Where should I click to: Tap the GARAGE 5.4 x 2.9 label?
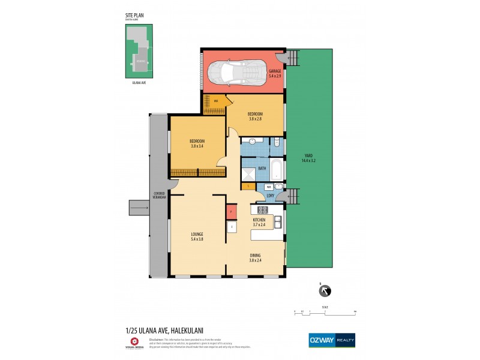tap(275, 73)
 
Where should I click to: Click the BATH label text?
tap(262, 169)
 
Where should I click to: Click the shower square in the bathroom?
tap(248, 174)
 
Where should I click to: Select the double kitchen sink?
tap(277, 223)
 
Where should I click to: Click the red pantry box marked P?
tap(231, 212)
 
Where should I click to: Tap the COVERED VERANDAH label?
tap(159, 196)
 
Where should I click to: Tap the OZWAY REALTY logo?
tap(331, 339)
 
